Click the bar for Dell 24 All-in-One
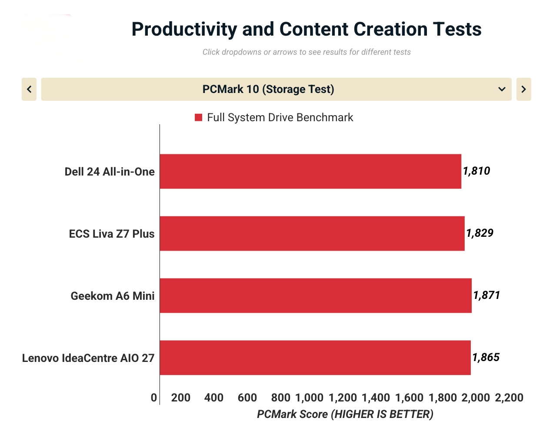click(310, 171)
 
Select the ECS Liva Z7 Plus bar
click(312, 233)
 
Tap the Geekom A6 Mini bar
click(316, 295)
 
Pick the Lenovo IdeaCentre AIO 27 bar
click(315, 358)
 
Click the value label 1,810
click(476, 171)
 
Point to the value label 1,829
click(480, 233)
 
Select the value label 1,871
click(486, 295)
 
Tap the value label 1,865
click(486, 358)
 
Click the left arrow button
click(29, 89)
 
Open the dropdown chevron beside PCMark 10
click(502, 89)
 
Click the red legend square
click(199, 117)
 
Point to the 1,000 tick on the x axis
click(309, 398)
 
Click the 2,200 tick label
click(509, 398)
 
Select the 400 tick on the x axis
click(214, 398)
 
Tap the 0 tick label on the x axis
click(154, 398)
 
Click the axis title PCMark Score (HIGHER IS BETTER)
click(345, 414)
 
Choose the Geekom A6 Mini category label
click(113, 296)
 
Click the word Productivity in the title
click(184, 29)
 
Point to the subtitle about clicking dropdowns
click(306, 52)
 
